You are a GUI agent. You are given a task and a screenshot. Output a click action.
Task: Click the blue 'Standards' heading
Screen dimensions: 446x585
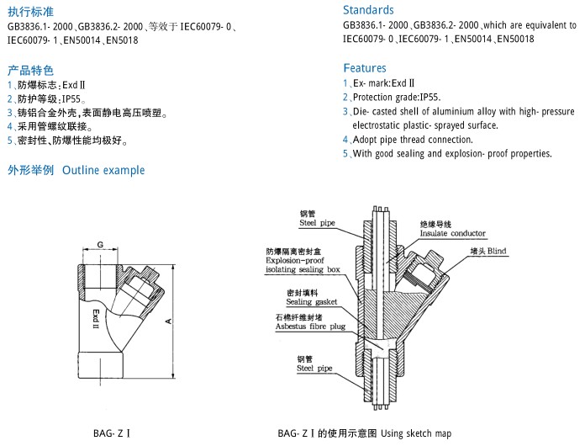pyautogui.click(x=368, y=10)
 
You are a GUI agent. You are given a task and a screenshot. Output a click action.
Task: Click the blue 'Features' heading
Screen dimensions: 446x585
pyautogui.click(x=365, y=67)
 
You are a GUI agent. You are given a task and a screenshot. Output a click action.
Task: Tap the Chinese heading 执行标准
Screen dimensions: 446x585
pyautogui.click(x=30, y=12)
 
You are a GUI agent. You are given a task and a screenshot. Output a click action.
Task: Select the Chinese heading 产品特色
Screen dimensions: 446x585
pyautogui.click(x=30, y=69)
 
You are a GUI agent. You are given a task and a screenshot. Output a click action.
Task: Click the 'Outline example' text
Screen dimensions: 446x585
pyautogui.click(x=103, y=170)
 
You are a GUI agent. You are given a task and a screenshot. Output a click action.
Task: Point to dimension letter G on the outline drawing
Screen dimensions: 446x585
pyautogui.click(x=99, y=245)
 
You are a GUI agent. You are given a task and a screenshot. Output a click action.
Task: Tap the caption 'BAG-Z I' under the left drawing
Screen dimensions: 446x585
pyautogui.click(x=111, y=434)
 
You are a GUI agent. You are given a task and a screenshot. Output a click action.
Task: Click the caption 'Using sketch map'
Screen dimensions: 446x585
pyautogui.click(x=416, y=434)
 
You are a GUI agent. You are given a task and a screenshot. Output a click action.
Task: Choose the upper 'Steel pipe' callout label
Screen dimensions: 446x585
pyautogui.click(x=318, y=223)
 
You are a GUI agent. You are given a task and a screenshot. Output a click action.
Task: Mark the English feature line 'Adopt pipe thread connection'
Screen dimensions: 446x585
pyautogui.click(x=413, y=140)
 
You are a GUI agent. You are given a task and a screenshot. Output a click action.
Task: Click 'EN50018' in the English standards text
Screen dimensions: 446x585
pyautogui.click(x=514, y=39)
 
